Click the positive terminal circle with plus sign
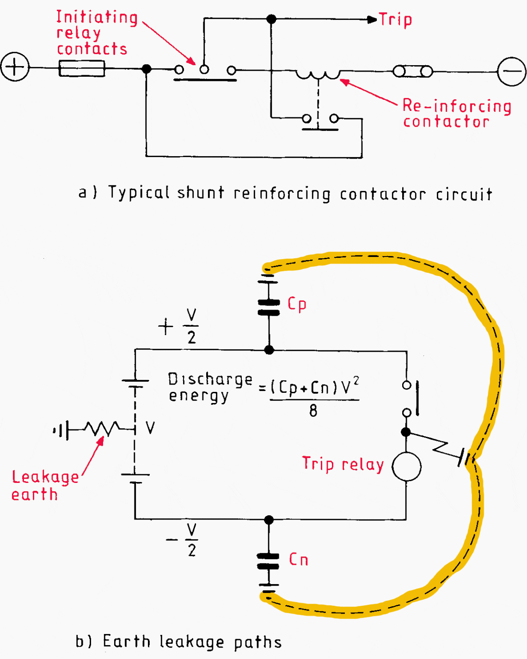(15, 67)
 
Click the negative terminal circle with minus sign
(511, 71)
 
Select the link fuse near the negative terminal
(413, 72)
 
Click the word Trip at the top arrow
(396, 20)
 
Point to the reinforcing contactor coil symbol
(318, 74)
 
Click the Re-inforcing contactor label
(457, 113)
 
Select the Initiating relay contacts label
(97, 33)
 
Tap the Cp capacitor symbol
(269, 307)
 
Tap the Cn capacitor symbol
(268, 561)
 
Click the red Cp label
(297, 304)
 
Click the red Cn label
(299, 560)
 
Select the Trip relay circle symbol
(406, 467)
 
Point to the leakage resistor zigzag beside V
(103, 429)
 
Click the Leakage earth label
(45, 485)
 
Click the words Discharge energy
(209, 387)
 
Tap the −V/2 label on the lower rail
(183, 540)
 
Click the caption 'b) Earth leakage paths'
(178, 642)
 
